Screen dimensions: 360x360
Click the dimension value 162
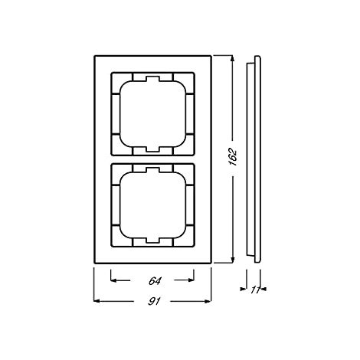click(x=233, y=157)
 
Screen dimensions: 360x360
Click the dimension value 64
click(x=155, y=281)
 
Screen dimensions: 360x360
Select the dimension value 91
click(x=154, y=302)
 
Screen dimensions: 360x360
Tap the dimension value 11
click(x=254, y=290)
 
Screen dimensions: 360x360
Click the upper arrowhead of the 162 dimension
click(x=232, y=58)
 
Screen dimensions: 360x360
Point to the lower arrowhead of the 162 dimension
click(x=232, y=260)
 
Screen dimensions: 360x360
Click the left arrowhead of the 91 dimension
click(x=97, y=301)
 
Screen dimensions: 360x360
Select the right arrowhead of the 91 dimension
click(x=208, y=301)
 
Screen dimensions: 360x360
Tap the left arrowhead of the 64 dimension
click(x=113, y=280)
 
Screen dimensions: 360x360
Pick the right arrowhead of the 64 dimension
click(x=191, y=280)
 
